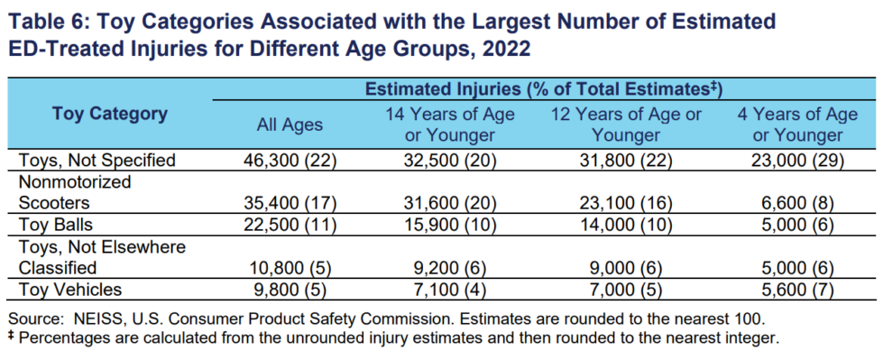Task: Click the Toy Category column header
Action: click(x=110, y=114)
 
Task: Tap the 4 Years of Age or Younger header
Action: click(x=796, y=125)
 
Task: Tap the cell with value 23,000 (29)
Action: click(x=796, y=161)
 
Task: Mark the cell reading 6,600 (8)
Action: click(x=796, y=203)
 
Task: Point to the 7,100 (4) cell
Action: click(x=449, y=290)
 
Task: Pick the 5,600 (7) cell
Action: click(x=796, y=290)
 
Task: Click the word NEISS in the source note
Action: click(x=96, y=319)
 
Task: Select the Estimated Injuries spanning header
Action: click(x=544, y=89)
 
